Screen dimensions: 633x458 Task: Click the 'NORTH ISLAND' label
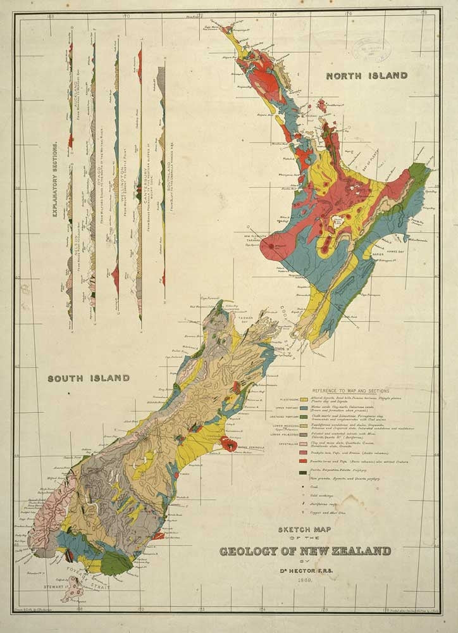coord(366,75)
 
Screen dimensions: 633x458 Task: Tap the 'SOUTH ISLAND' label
coord(89,379)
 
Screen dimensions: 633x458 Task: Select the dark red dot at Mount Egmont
coord(271,244)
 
